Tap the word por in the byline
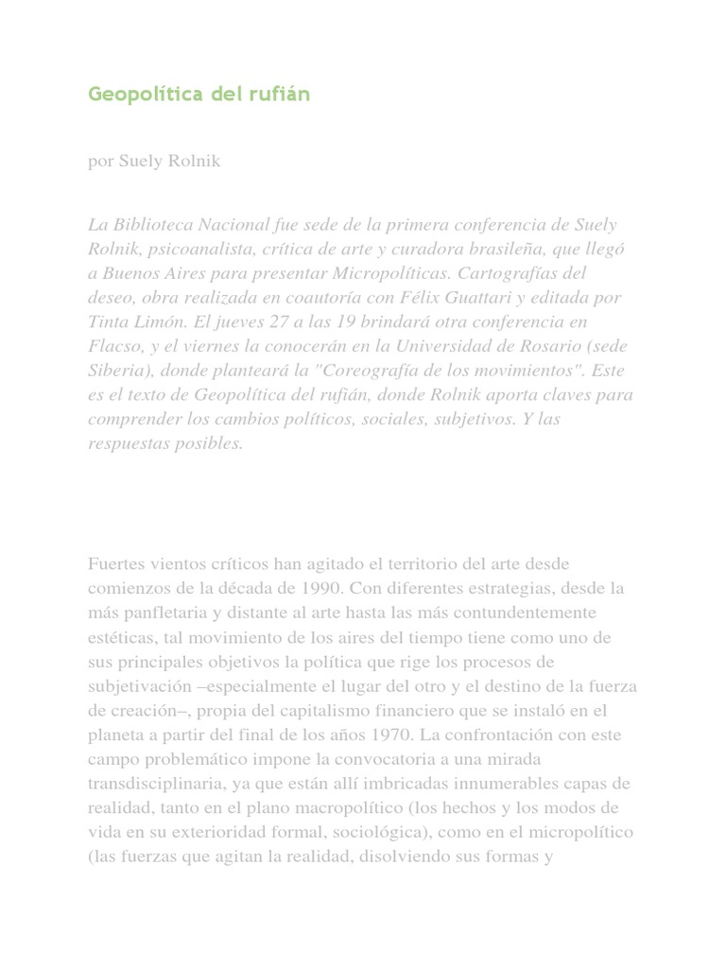(x=100, y=162)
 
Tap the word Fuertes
(x=116, y=564)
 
